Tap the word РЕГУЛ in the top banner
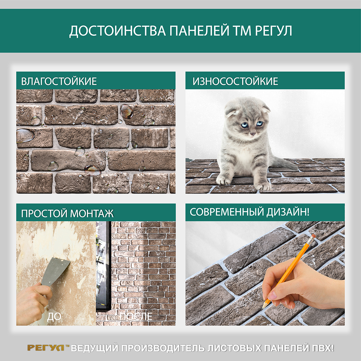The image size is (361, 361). [274, 31]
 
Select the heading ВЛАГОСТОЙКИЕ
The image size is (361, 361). [59, 82]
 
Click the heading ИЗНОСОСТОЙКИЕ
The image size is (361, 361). [235, 82]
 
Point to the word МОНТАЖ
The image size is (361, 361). [92, 213]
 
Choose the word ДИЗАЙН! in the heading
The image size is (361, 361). [288, 212]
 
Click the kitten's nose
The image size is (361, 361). [253, 134]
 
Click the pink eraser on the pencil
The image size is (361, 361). [313, 237]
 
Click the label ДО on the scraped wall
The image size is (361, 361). [54, 317]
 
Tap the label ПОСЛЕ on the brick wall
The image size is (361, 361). [136, 317]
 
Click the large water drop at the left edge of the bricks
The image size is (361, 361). [25, 135]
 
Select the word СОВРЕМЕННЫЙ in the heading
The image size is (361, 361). [227, 212]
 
